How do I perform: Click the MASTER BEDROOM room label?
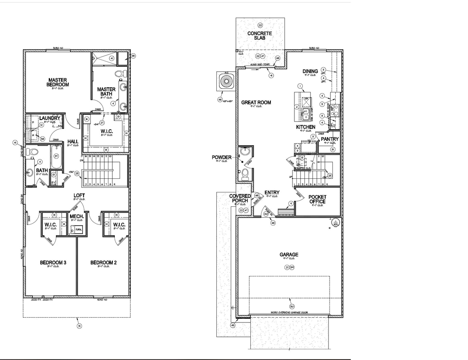coord(58,82)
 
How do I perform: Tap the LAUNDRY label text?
coord(50,118)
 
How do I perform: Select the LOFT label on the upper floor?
coord(79,196)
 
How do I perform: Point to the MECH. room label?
coord(77,216)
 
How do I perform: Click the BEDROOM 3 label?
coord(53,262)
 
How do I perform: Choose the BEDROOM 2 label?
coord(103,262)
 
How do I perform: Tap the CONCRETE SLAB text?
coord(260,36)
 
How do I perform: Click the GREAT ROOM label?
coord(256,102)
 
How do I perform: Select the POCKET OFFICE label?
coord(317,199)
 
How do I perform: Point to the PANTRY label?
coord(330,139)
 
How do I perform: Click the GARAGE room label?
coord(289,254)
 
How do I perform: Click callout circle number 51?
coord(79,326)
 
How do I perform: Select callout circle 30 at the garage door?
coord(292,306)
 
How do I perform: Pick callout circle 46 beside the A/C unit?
coord(220,100)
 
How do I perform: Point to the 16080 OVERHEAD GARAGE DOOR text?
coord(289,313)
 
